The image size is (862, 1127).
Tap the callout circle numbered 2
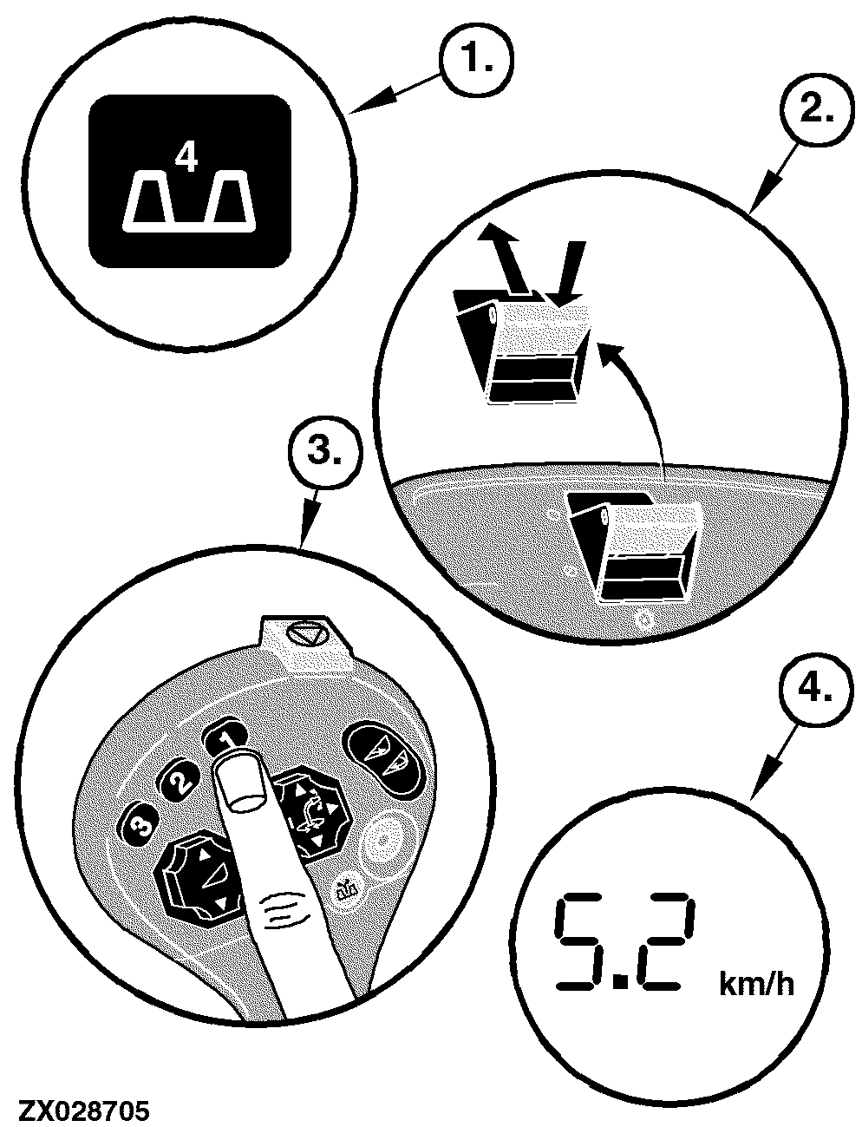pyautogui.click(x=814, y=113)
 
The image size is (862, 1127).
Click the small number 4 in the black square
pyautogui.click(x=186, y=158)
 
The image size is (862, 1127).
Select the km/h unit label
pyautogui.click(x=757, y=984)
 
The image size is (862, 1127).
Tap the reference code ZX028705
pyautogui.click(x=84, y=1108)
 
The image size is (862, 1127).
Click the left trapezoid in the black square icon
pyautogui.click(x=149, y=200)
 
